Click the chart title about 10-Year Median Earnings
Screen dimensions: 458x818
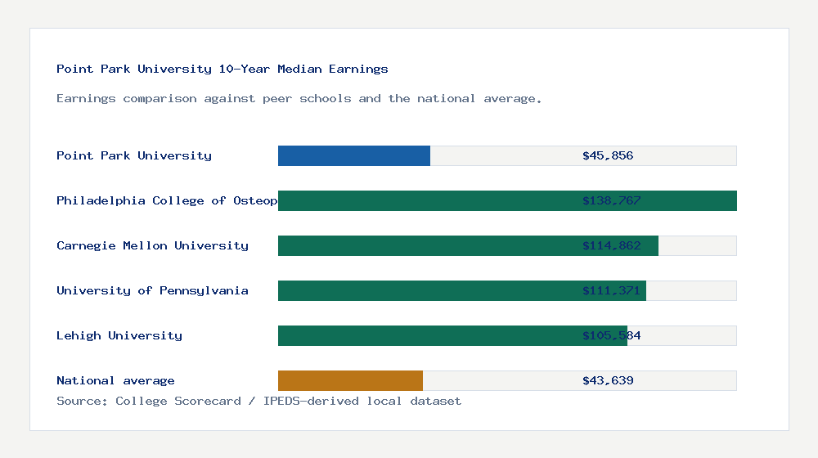pos(222,69)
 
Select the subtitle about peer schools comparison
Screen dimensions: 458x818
pos(299,98)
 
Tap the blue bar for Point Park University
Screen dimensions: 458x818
pos(354,155)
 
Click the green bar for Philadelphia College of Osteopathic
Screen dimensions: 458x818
pos(425,200)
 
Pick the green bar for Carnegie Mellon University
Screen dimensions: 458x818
pos(425,245)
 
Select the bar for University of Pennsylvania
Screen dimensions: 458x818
pos(425,290)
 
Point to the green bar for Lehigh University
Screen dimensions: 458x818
pos(425,335)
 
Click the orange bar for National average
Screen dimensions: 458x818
pos(350,380)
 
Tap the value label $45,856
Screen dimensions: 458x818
pos(608,155)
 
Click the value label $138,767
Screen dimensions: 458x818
pos(611,200)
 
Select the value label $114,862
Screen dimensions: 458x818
pos(611,245)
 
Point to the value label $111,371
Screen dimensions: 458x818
pos(611,290)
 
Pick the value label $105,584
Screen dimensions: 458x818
pos(611,335)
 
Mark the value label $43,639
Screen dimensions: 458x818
pos(608,380)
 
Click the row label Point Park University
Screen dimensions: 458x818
pos(134,155)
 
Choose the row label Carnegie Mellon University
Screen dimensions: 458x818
pos(152,245)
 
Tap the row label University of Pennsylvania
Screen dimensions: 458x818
pos(152,290)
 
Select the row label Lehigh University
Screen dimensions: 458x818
pos(119,335)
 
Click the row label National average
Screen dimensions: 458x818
pos(115,380)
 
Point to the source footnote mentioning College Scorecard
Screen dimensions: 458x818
pos(258,401)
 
